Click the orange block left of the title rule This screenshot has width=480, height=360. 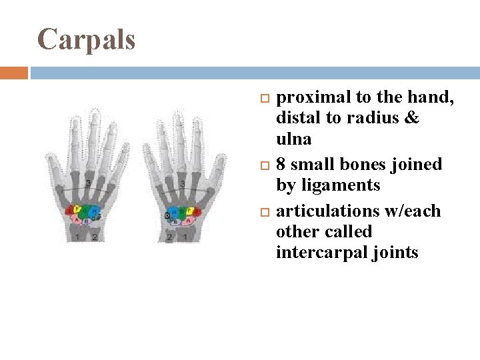tap(14, 72)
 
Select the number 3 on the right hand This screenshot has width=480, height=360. tap(182, 184)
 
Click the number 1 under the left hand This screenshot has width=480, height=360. tap(77, 237)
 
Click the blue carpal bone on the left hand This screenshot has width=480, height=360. tap(96, 213)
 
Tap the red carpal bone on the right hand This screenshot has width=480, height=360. tap(194, 213)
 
